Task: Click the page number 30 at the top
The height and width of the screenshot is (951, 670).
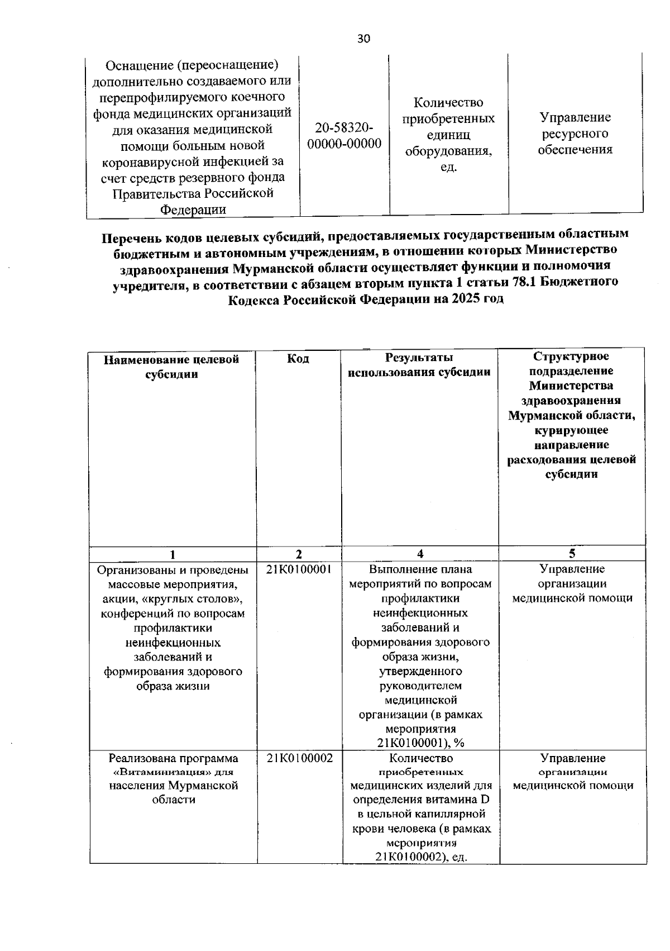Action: pos(363,39)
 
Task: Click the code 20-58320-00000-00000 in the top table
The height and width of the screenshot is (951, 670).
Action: pos(344,136)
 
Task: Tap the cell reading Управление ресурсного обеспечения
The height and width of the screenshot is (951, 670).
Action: pos(575,134)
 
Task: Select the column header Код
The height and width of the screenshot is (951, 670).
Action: pos(298,359)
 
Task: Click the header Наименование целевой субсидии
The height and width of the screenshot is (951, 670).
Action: pos(172,367)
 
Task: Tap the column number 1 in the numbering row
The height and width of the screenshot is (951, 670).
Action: pos(173,554)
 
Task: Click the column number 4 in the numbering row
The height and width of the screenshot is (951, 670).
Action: pos(420,554)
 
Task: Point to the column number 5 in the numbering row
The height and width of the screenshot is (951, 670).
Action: pos(572,554)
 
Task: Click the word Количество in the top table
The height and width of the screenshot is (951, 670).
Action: pos(448,103)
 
